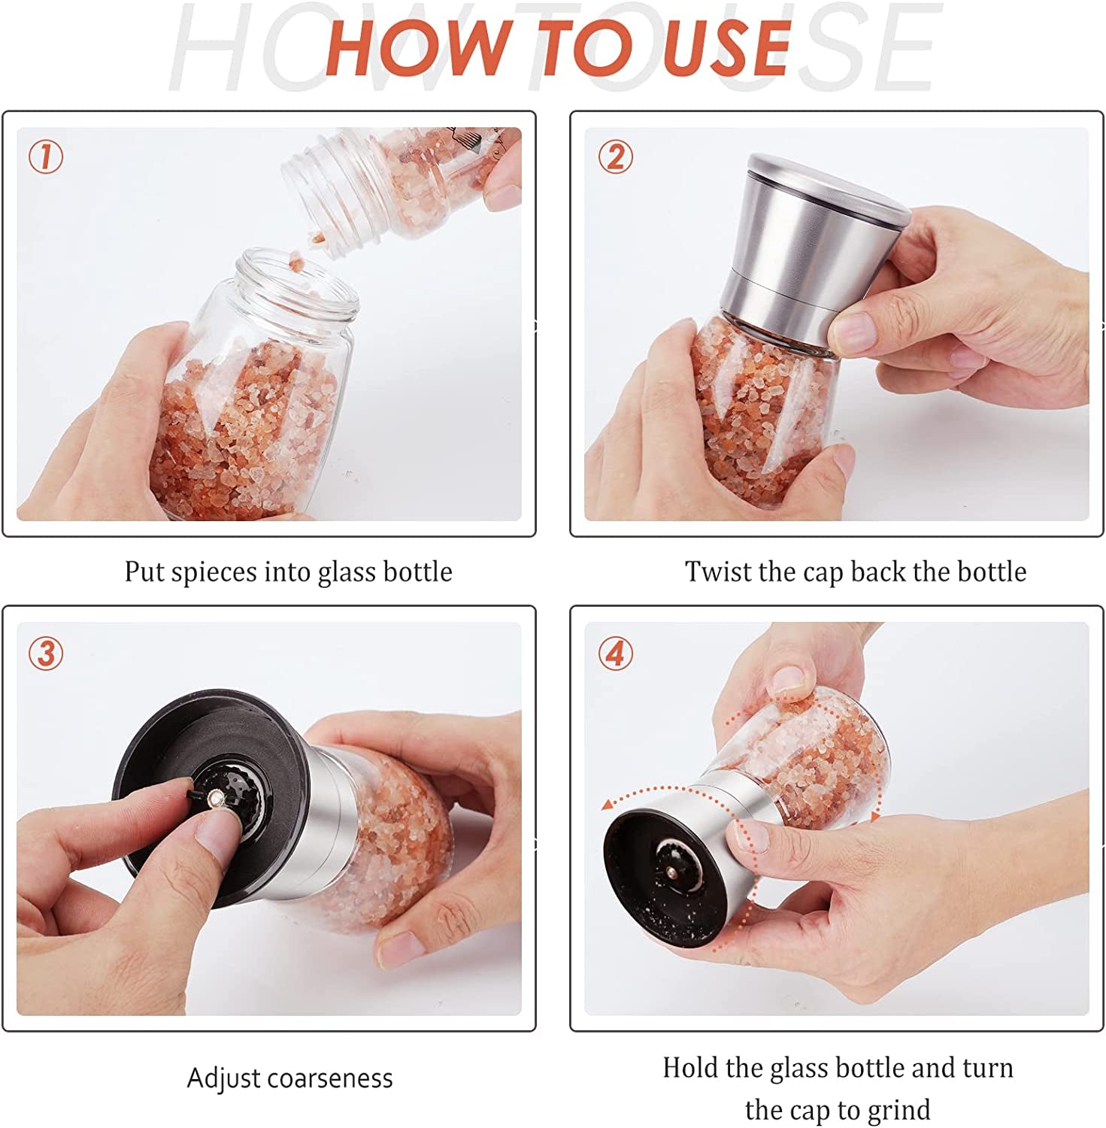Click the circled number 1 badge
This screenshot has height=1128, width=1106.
click(46, 157)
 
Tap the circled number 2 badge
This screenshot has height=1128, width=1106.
click(616, 157)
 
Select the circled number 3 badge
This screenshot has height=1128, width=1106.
click(46, 653)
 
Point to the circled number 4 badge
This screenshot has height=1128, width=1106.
click(616, 653)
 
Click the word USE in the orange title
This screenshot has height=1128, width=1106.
click(726, 47)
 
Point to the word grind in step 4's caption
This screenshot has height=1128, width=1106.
click(895, 1110)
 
